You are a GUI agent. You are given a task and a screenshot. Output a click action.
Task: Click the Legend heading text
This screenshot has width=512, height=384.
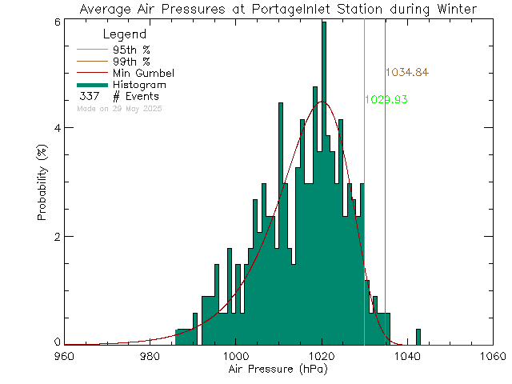point(125,34)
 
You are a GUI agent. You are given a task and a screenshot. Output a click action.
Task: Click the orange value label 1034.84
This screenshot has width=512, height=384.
point(406,73)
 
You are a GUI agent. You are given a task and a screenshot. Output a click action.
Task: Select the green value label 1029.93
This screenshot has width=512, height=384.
point(386,100)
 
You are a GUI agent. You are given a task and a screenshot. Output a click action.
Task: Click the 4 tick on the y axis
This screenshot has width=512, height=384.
point(57,128)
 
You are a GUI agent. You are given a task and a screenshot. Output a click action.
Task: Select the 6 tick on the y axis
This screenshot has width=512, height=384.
point(57,22)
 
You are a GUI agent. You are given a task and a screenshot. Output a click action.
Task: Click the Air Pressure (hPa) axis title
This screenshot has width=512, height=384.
point(278,370)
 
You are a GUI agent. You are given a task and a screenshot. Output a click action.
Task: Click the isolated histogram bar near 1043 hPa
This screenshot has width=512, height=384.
point(418,337)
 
